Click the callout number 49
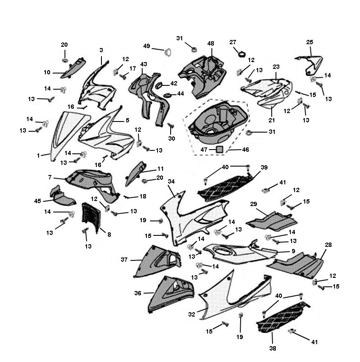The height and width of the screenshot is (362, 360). (x=146, y=46)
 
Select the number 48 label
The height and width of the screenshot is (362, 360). (x=211, y=43)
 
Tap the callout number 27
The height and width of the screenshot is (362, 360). (x=233, y=42)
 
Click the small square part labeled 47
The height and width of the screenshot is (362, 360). (x=219, y=150)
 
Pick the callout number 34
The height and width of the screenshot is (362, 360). (x=171, y=181)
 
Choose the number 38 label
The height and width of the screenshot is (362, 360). (x=273, y=348)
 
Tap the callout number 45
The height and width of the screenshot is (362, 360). (x=38, y=201)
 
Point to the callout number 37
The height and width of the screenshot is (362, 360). (x=124, y=260)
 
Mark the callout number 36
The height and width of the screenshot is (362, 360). (x=138, y=293)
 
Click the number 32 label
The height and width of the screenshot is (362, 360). (x=191, y=314)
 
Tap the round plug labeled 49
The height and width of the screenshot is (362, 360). (x=168, y=53)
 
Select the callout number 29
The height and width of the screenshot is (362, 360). (x=253, y=204)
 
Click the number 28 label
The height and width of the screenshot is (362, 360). (x=328, y=245)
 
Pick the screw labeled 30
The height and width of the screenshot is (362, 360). (x=171, y=126)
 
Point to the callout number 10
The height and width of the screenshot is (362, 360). (x=47, y=73)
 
